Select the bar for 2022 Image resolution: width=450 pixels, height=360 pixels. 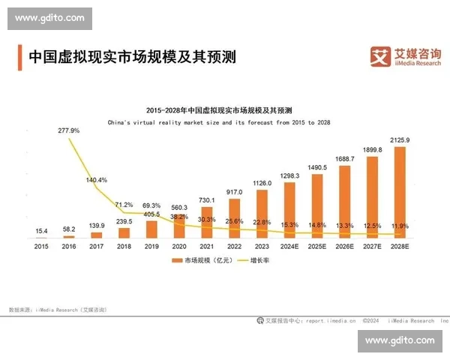click(234, 218)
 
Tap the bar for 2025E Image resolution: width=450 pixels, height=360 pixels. click(316, 205)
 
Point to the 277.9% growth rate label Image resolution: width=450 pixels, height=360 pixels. click(69, 130)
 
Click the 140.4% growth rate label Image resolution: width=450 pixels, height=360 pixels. click(97, 180)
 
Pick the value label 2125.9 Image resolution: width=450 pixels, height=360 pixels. click(399, 140)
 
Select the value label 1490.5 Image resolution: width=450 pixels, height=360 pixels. click(316, 167)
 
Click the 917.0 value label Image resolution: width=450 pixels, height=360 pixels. click(234, 192)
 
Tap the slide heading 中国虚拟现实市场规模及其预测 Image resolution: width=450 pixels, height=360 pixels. click(131, 56)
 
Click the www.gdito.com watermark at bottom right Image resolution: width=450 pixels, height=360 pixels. click(399, 340)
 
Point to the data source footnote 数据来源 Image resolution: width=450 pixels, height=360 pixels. click(57, 309)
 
